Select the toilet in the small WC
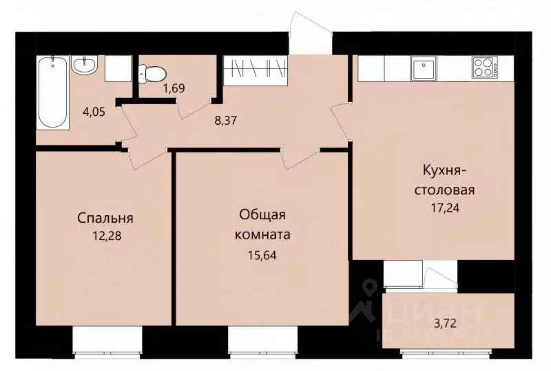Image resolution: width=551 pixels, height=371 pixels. coord(151,70)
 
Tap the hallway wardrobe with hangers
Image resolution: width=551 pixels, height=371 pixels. coord(255,70)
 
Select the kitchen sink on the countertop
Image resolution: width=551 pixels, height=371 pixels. coord(421,68)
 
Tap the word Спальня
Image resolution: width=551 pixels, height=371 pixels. coord(105,219)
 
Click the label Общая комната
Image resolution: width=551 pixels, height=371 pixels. coord(263,225)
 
